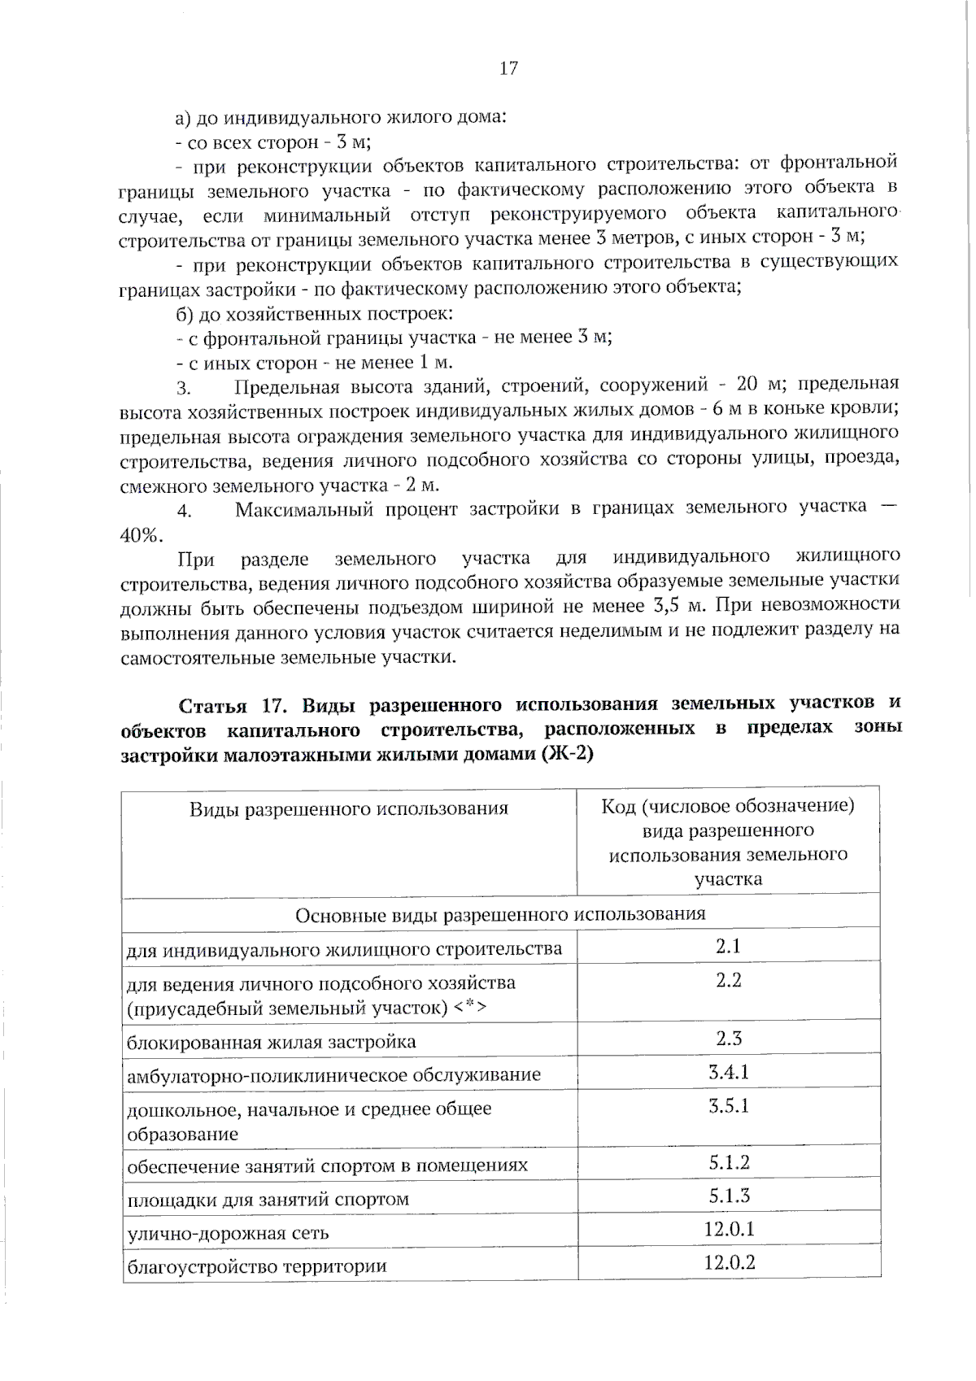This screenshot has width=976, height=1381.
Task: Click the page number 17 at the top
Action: coord(508,68)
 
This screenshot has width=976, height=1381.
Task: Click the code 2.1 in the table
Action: coord(728,945)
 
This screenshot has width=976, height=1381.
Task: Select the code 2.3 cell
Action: coord(728,1038)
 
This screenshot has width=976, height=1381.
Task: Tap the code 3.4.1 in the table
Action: coord(728,1072)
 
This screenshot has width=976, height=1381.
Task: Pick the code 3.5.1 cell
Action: coord(728,1105)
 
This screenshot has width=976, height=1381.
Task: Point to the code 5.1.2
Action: coord(728,1162)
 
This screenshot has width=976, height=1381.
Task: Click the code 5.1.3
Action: coord(728,1196)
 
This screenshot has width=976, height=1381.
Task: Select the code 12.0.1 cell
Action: coord(729,1229)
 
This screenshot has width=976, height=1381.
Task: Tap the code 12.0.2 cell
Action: coord(729,1262)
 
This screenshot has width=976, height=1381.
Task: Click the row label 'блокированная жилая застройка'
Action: coord(271,1042)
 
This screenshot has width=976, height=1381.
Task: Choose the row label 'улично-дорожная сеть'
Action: coord(228,1233)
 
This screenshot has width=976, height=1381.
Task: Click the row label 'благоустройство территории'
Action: coord(256,1266)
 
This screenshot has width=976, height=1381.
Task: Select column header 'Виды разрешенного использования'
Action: coord(349,808)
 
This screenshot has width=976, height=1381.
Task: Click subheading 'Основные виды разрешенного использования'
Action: coord(500,914)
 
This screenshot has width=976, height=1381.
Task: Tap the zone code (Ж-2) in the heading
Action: coord(566,754)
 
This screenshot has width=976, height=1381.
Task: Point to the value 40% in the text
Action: coord(140,535)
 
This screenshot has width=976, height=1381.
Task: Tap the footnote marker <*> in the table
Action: coord(470,1009)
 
